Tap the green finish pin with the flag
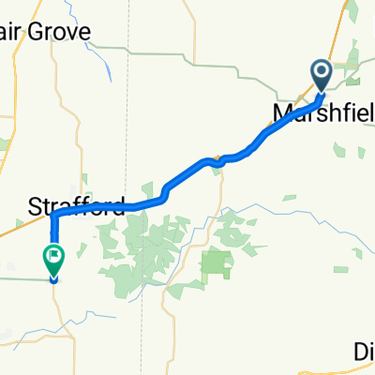[x=53, y=259]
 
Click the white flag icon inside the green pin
[x=54, y=253]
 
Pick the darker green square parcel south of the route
[x=216, y=263]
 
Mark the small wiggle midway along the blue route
[x=217, y=160]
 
